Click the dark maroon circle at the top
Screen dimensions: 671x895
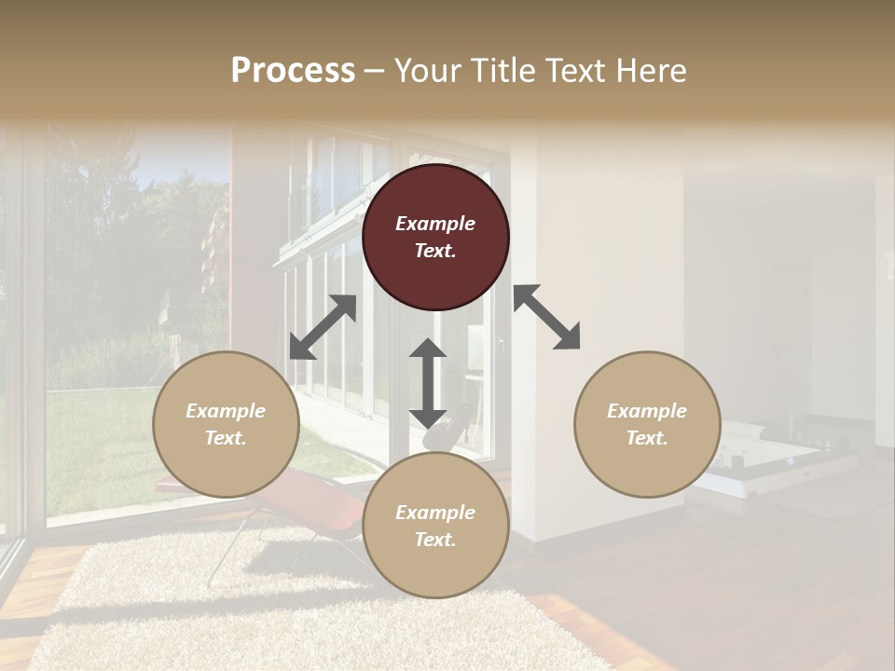coord(435,237)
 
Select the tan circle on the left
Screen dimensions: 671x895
coord(226,424)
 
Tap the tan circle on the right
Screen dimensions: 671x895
coord(647,424)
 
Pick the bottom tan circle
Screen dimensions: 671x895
coord(435,526)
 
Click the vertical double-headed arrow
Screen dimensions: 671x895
coord(428,383)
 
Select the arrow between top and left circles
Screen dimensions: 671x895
coord(323,327)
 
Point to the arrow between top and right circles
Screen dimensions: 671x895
coord(547,317)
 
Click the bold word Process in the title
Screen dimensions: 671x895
coord(293,70)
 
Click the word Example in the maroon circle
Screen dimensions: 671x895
coord(435,224)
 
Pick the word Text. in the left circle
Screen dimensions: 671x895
coord(226,438)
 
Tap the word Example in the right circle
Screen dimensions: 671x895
coord(647,411)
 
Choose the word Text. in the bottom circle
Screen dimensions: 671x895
coord(435,540)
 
